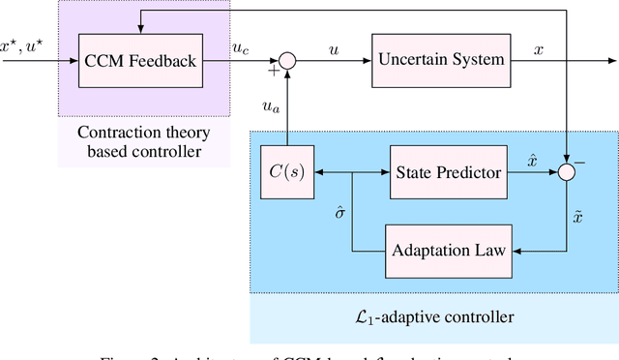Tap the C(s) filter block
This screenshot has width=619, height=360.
tap(287, 174)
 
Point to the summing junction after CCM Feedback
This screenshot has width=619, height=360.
tap(286, 60)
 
